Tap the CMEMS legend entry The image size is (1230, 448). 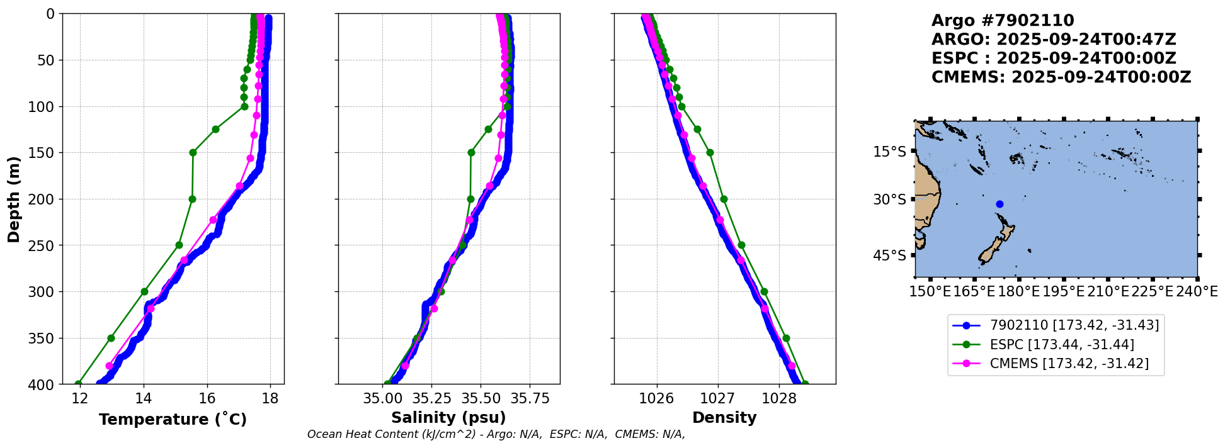tap(1069, 363)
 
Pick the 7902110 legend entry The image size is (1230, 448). tap(1074, 325)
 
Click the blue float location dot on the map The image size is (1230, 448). tap(999, 204)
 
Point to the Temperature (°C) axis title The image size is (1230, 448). tap(173, 419)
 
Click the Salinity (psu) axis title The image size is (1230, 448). tap(448, 418)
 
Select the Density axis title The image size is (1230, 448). tap(724, 418)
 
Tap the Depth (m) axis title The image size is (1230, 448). tap(14, 199)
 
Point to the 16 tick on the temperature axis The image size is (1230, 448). tap(207, 398)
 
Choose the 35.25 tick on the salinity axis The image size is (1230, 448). tap(431, 398)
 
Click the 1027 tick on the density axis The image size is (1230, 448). tap(718, 398)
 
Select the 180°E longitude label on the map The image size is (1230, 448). tap(1018, 292)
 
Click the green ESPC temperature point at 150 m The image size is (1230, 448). tap(193, 152)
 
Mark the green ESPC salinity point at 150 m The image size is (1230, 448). tap(471, 152)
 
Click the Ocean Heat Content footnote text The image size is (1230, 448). tap(496, 434)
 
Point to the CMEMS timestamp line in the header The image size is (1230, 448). tap(1061, 77)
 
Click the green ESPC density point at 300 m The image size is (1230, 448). tap(764, 291)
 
